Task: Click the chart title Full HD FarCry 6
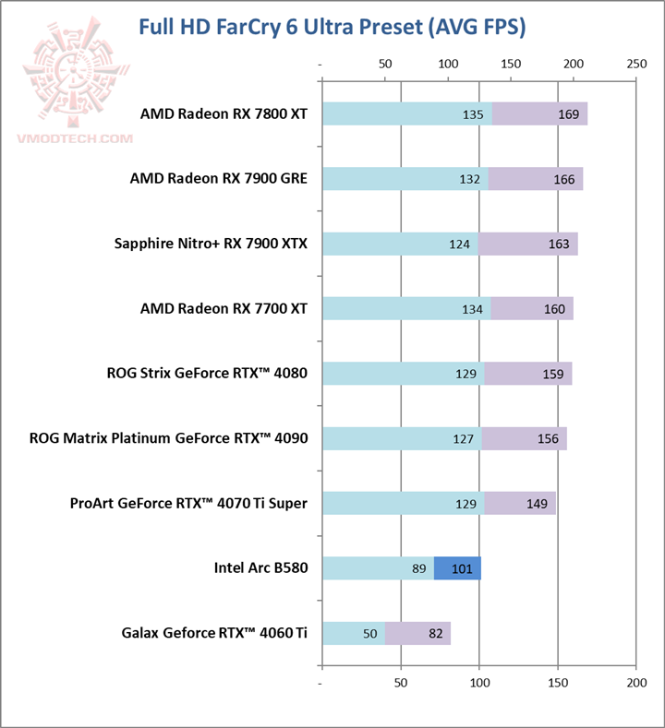coord(332,27)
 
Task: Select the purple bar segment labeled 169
coord(540,114)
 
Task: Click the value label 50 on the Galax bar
coord(369,634)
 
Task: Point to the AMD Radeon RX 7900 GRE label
coord(218,179)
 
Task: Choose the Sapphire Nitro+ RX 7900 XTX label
coord(211,244)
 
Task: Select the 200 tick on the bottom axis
coord(635,683)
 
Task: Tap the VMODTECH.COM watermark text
coord(74,139)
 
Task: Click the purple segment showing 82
coord(418,634)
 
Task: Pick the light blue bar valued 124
coord(399,245)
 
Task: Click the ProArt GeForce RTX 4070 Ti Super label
coord(188,503)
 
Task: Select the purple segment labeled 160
coord(532,309)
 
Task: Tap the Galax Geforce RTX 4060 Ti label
coord(214,633)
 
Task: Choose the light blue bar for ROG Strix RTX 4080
coord(403,374)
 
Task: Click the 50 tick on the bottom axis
coord(400,683)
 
